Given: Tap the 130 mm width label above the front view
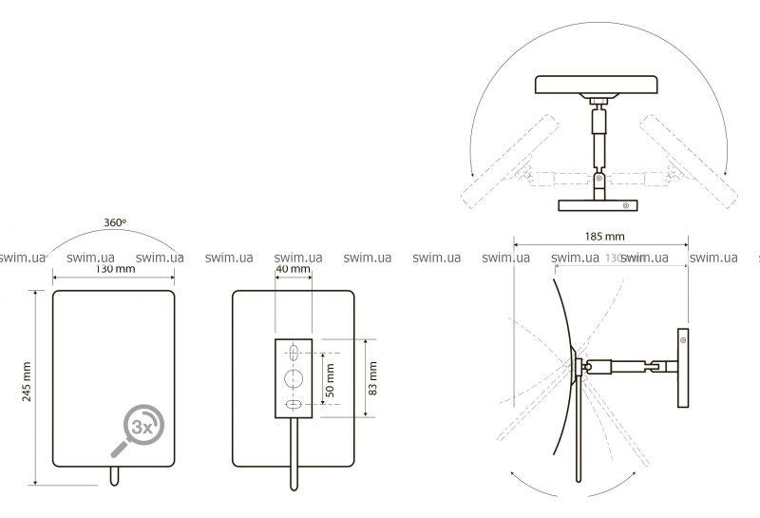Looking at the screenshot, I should (114, 269).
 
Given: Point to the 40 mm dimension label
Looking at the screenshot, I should (293, 269).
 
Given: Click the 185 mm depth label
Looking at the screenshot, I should (602, 235).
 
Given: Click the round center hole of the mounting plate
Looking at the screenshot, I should (294, 379).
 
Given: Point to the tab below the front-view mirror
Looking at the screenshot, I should (115, 476).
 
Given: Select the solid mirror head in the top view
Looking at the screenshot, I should (597, 85).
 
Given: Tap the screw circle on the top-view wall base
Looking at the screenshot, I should (624, 205).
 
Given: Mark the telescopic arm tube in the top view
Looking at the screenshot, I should (597, 139).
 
